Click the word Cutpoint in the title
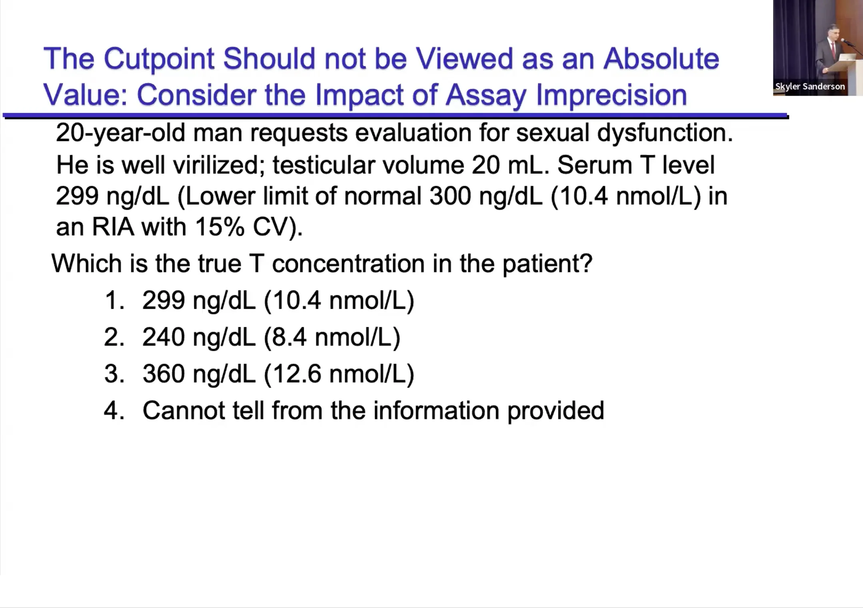[x=159, y=59]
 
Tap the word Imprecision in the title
[x=611, y=95]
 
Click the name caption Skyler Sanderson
[x=810, y=86]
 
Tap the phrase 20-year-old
[x=120, y=133]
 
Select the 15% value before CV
[x=220, y=227]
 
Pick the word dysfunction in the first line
[x=665, y=133]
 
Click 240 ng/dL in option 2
[x=199, y=337]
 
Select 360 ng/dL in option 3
[x=199, y=374]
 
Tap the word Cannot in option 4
[x=184, y=411]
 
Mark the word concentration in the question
[x=348, y=264]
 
